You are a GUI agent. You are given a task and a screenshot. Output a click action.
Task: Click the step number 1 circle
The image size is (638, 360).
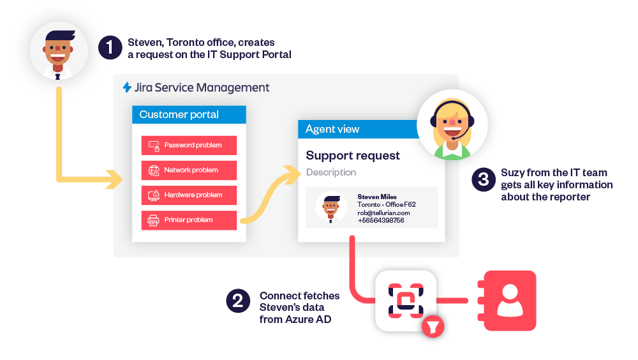pyautogui.click(x=109, y=48)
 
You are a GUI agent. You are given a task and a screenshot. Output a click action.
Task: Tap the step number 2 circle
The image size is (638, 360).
pyautogui.click(x=237, y=301)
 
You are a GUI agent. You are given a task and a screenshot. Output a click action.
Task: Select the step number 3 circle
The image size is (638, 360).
pyautogui.click(x=484, y=179)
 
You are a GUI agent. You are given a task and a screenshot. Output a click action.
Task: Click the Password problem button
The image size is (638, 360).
pyautogui.click(x=189, y=145)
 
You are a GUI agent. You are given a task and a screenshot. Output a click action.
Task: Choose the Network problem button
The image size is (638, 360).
pyautogui.click(x=189, y=170)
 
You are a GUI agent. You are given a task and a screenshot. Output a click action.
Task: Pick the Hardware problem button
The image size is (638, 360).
pyautogui.click(x=189, y=195)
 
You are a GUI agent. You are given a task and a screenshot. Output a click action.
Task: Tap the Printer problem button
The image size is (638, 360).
pyautogui.click(x=189, y=220)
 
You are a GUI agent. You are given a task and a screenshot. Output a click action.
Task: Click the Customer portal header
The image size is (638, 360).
pyautogui.click(x=189, y=115)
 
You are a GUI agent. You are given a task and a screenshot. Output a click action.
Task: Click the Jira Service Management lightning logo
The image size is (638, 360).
pyautogui.click(x=127, y=87)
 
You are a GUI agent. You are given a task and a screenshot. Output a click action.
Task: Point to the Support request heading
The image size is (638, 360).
pyautogui.click(x=353, y=155)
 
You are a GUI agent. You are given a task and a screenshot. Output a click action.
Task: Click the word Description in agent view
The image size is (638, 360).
pyautogui.click(x=331, y=172)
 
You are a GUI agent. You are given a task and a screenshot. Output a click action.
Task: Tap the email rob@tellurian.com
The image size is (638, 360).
pyautogui.click(x=383, y=213)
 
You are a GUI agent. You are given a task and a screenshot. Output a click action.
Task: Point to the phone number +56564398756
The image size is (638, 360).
pyautogui.click(x=381, y=221)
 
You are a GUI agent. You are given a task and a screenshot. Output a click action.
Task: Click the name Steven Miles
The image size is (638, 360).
pyautogui.click(x=376, y=197)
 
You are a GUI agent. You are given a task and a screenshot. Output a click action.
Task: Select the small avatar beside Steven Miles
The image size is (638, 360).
pyautogui.click(x=331, y=207)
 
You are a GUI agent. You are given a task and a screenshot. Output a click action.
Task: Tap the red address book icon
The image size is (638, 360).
pyautogui.click(x=510, y=300)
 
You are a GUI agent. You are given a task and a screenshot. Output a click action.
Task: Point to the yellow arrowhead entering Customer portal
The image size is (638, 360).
pyautogui.click(x=115, y=179)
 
